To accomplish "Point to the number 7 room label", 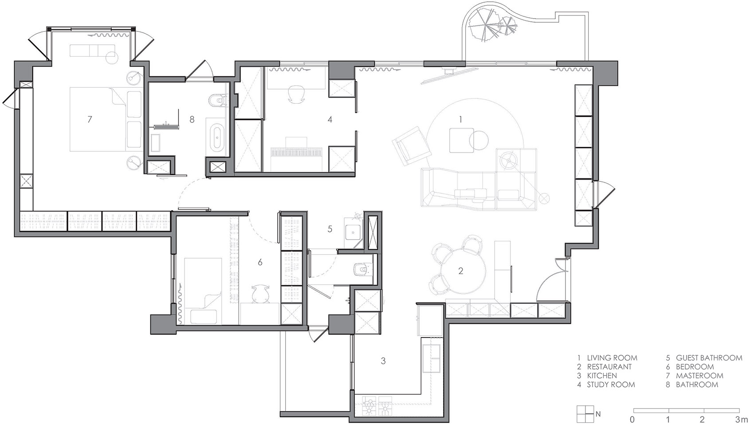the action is pos(90,119).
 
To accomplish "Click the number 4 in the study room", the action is pos(330,119).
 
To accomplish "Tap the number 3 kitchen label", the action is pos(383,361).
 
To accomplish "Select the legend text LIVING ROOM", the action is pos(612,358).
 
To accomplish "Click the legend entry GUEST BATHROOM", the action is pos(709,358).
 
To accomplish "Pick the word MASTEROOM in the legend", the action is pos(700,376).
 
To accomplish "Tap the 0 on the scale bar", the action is pos(632,419).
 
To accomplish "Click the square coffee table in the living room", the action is pos(461,140).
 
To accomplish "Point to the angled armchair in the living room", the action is pos(411,146).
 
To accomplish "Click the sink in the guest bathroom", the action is pos(353,231).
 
